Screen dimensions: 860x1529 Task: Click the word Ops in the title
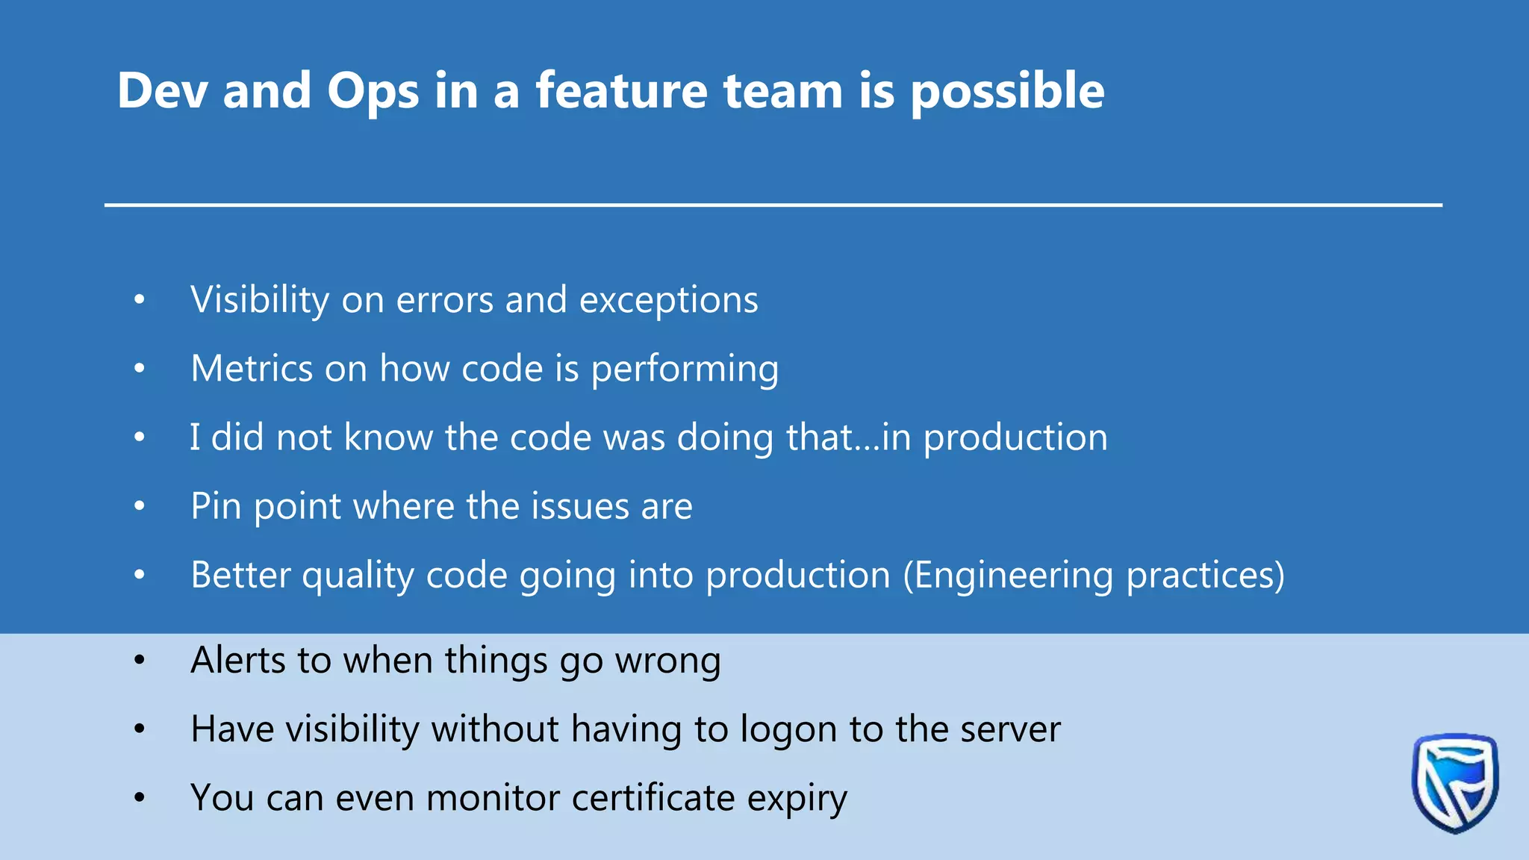pos(373,92)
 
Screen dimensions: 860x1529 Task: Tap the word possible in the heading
pos(1007,92)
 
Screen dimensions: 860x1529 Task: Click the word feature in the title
pos(621,90)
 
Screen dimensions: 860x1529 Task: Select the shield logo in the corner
pos(1454,782)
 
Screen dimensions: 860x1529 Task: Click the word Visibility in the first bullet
pos(260,300)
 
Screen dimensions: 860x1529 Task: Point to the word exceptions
pos(669,300)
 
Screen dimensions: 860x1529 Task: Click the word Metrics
pos(252,369)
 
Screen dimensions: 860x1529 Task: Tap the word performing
pos(685,369)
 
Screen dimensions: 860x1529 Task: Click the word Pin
pos(216,506)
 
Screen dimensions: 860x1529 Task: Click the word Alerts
pos(238,660)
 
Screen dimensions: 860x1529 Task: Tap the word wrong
pos(667,660)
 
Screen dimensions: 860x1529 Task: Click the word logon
pos(788,729)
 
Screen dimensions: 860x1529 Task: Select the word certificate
pos(653,798)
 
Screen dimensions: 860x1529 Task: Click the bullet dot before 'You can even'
pos(140,798)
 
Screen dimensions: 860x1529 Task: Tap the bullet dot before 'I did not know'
pos(140,437)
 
